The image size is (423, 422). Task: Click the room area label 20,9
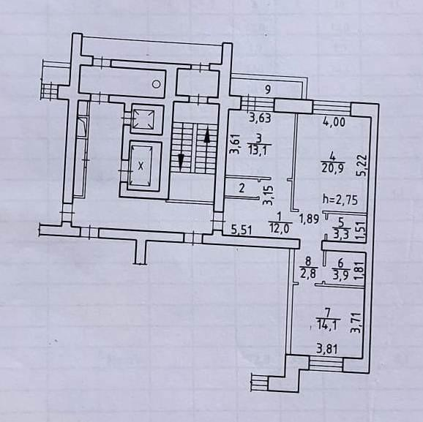pyautogui.click(x=332, y=168)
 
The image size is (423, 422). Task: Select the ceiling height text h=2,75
pyautogui.click(x=340, y=200)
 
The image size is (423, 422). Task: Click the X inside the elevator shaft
pyautogui.click(x=141, y=166)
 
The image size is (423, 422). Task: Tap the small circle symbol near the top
pyautogui.click(x=156, y=84)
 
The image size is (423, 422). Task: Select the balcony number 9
pyautogui.click(x=267, y=89)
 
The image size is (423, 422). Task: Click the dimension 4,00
pyautogui.click(x=334, y=122)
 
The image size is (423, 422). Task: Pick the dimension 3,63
pyautogui.click(x=260, y=118)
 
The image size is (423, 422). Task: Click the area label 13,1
pyautogui.click(x=258, y=151)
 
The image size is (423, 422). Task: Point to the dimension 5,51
pyautogui.click(x=242, y=230)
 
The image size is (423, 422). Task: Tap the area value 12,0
pyautogui.click(x=279, y=229)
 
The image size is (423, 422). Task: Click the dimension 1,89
pyautogui.click(x=310, y=219)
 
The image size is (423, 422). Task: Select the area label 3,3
pyautogui.click(x=341, y=234)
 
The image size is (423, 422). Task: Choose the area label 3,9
pyautogui.click(x=341, y=275)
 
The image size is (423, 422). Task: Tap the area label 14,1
pyautogui.click(x=328, y=325)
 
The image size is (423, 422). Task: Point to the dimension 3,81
pyautogui.click(x=326, y=350)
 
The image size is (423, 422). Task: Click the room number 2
pyautogui.click(x=242, y=188)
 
